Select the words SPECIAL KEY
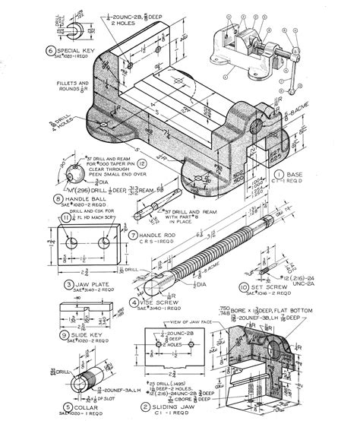76,51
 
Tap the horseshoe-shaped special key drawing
74,30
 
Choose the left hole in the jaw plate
71,242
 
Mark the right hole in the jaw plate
102,242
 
